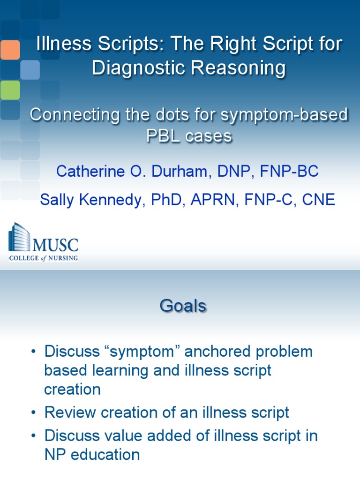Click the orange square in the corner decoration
pos(10,50)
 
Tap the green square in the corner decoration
pos(10,90)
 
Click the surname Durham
pos(178,171)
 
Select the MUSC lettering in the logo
pos(55,245)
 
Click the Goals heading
pos(183,306)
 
